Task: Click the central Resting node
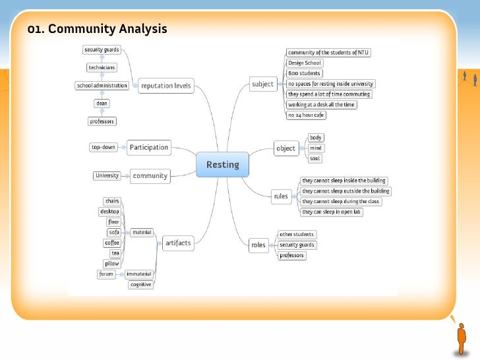pos(223,164)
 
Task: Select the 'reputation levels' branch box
pos(165,85)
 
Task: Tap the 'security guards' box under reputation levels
pos(102,49)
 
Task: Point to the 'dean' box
pos(102,103)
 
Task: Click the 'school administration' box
pos(102,85)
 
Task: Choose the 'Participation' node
pos(148,147)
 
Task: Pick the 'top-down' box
pos(104,147)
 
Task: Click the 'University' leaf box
pos(107,175)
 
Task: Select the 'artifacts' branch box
pos(178,243)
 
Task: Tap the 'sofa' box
pos(113,232)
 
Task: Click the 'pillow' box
pos(112,263)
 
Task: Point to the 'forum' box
pos(106,274)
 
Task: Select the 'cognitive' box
pos(141,284)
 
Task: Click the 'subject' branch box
pos(262,84)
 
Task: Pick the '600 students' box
pos(305,73)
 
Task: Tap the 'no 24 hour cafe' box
pos(306,115)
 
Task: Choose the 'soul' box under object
pos(315,158)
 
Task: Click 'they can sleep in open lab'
pos(332,212)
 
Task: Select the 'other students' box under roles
pos(297,234)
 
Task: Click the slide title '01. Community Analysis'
pos(97,29)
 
